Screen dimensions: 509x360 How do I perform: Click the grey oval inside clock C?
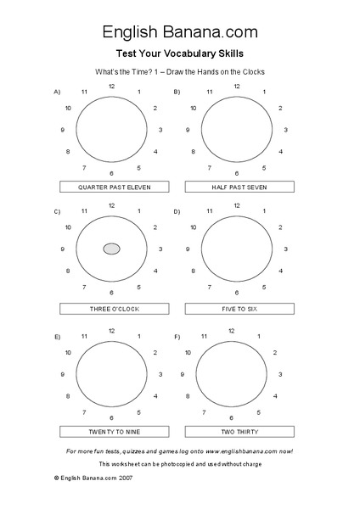(x=112, y=249)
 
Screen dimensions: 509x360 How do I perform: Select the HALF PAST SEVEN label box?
(x=239, y=187)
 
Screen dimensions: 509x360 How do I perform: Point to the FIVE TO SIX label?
(x=239, y=309)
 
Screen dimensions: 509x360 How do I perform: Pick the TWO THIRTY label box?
(x=239, y=431)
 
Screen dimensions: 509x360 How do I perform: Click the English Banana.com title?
(x=180, y=32)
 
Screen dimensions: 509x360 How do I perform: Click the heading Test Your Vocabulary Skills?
(x=180, y=53)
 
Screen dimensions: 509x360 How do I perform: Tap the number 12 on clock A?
(x=112, y=86)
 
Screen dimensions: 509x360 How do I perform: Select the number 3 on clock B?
(x=285, y=130)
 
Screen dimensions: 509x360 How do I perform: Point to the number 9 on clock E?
(x=63, y=374)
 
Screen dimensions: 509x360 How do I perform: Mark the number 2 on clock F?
(x=273, y=352)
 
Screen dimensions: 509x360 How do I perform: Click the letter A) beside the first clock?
(x=57, y=91)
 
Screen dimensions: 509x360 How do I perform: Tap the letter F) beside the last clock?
(x=177, y=337)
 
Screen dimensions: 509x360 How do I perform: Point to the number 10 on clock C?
(x=68, y=227)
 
